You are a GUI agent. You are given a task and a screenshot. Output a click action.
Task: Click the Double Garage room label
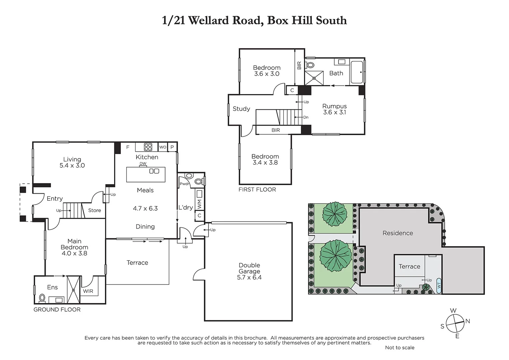pos(249,271)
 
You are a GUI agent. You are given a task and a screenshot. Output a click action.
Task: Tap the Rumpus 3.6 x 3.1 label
pos(334,109)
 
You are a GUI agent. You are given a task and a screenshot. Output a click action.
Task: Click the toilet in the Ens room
pos(42,297)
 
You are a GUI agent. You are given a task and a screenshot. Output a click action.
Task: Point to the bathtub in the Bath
pos(357,72)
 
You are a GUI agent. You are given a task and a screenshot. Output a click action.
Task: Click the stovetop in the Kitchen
pos(148,147)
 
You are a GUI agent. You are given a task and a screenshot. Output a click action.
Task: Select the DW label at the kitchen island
pos(143,163)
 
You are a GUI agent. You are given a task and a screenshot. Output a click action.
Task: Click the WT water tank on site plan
pos(439,285)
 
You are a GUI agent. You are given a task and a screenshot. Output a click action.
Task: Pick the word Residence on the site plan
pos(397,233)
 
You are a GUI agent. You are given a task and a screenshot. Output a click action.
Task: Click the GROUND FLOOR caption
pos(57,310)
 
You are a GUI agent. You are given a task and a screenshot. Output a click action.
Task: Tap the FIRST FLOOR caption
pos(257,190)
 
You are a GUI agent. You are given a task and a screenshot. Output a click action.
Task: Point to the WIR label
pos(88,291)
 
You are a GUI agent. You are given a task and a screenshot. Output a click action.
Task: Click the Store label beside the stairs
pos(94,210)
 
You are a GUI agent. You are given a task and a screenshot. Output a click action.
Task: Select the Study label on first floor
pos(241,109)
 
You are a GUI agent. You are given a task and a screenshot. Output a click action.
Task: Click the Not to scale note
pos(399,347)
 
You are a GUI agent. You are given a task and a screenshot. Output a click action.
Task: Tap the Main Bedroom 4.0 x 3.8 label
pos(74,247)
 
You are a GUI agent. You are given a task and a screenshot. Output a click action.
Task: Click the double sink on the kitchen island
pos(154,171)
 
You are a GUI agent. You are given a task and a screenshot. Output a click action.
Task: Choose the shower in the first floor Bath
pos(314,78)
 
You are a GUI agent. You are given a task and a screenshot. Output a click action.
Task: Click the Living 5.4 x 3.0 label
pos(72,162)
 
